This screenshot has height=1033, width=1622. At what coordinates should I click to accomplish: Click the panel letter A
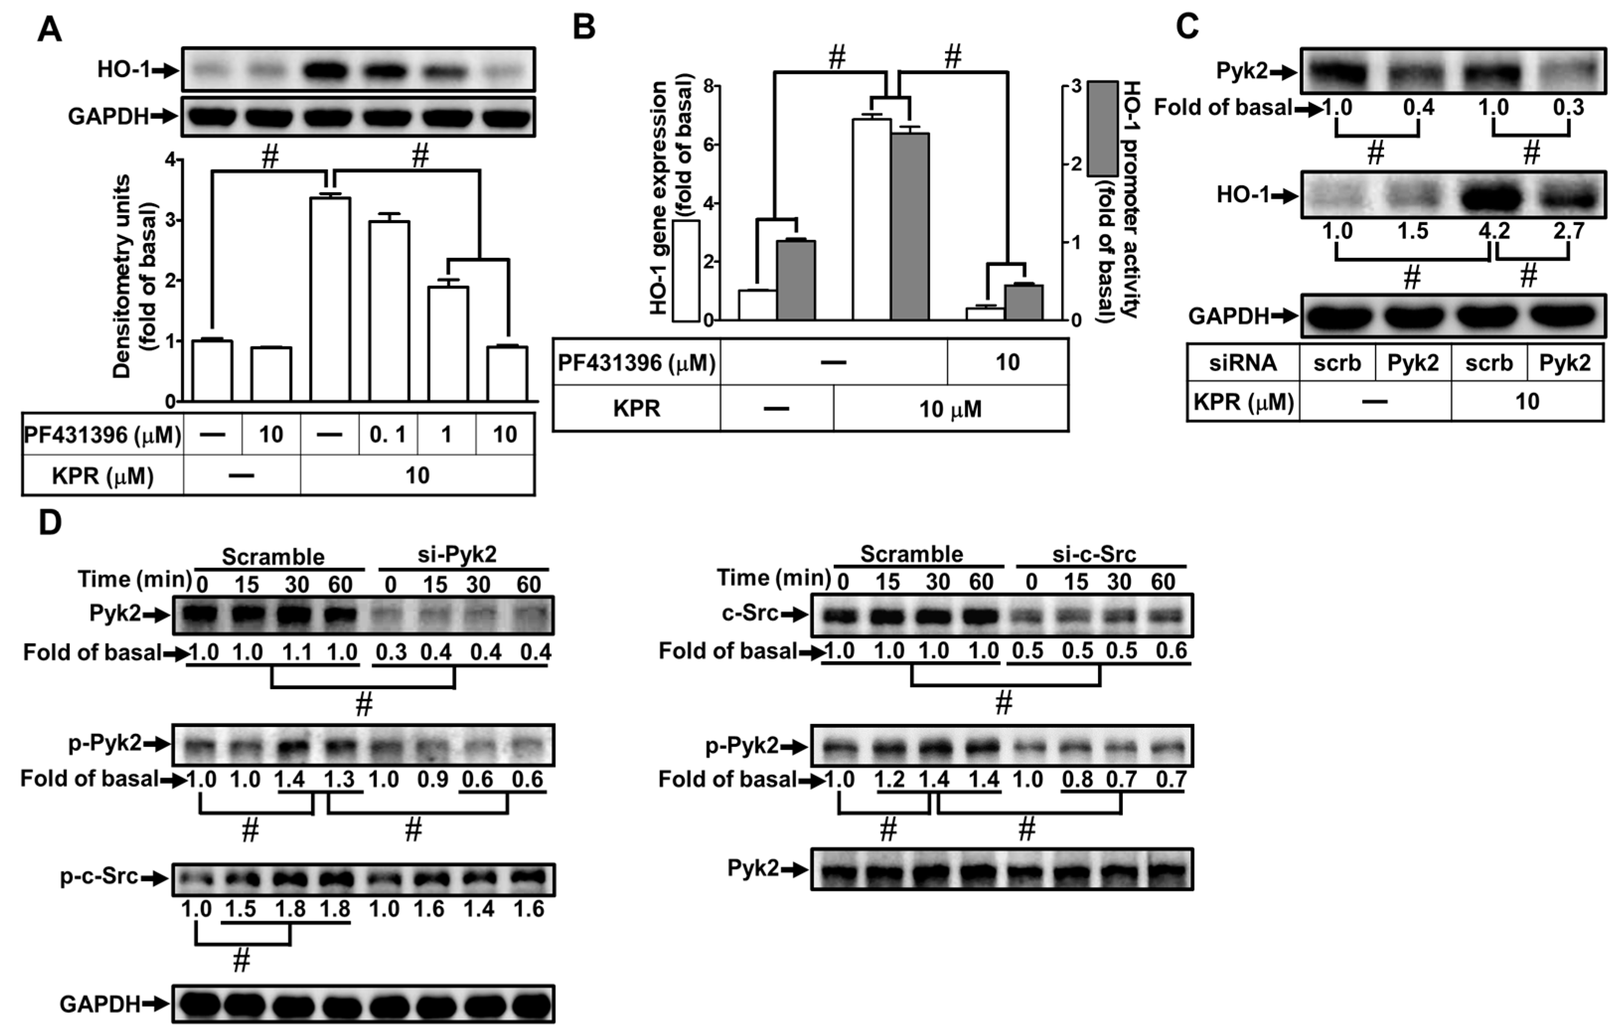(x=49, y=30)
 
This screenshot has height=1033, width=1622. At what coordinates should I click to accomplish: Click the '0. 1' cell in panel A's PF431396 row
(x=387, y=435)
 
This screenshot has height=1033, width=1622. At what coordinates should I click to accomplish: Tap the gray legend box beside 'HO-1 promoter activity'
(x=1102, y=129)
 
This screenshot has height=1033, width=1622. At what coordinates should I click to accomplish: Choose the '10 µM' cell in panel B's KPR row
(x=951, y=409)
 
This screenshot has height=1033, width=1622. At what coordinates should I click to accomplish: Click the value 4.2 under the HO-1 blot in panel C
(x=1489, y=231)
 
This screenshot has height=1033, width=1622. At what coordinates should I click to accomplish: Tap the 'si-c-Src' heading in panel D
(x=1094, y=554)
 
